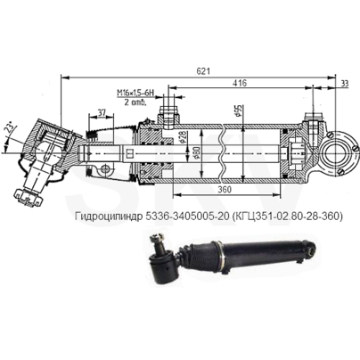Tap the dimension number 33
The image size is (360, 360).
coord(345,83)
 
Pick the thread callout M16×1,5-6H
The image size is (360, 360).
coord(135,93)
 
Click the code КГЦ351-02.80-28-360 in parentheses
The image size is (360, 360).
coord(284,216)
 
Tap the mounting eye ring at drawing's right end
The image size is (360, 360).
coord(338,150)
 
